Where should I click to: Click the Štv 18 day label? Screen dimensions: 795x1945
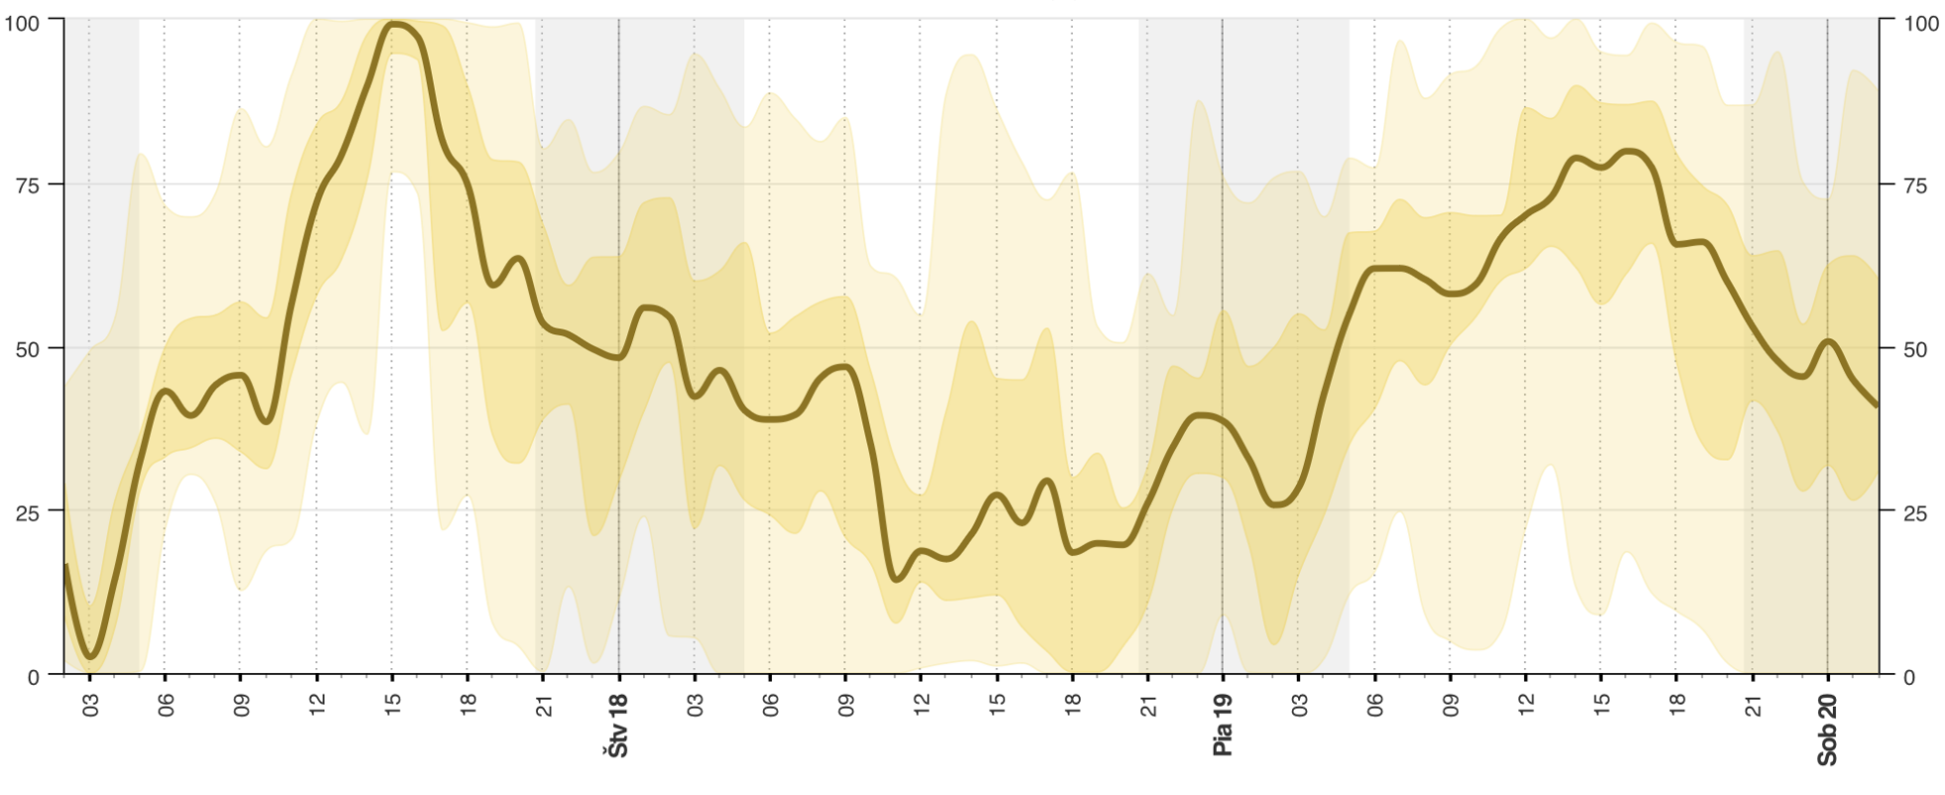pos(618,726)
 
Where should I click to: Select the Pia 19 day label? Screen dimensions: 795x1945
pos(1223,726)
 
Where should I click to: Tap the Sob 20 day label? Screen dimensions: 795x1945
pos(1827,729)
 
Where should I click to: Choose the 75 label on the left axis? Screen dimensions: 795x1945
pos(27,185)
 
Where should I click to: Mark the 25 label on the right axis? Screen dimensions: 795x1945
pos(1916,512)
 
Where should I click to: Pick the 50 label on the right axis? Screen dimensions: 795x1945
pos(1916,348)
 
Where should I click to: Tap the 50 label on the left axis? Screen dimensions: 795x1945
pos(27,348)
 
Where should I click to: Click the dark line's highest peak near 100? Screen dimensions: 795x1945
pos(395,24)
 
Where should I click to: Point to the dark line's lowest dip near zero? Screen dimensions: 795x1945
pos(91,656)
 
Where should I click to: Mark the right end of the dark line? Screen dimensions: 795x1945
pos(1877,405)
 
